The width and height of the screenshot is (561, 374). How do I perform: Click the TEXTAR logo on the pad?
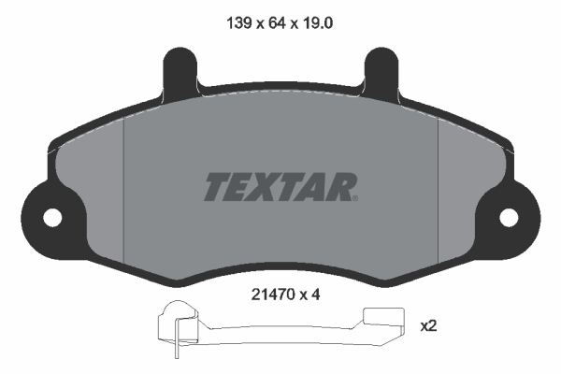coord(280,186)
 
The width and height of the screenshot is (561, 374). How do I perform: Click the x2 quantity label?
coord(428,326)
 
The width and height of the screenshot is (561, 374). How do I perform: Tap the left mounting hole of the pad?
coord(51,217)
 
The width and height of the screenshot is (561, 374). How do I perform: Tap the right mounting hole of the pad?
coord(509,217)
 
